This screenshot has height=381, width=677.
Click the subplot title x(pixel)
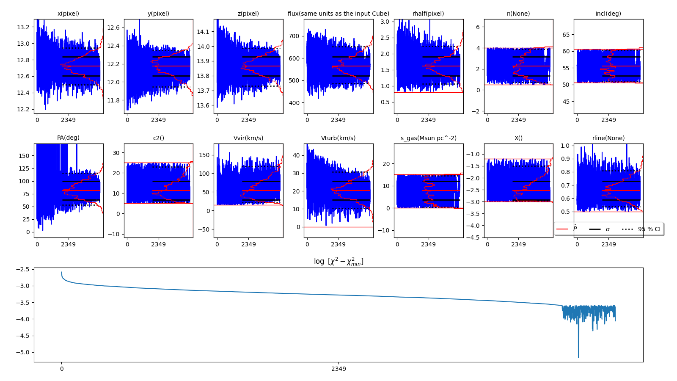pos(68,14)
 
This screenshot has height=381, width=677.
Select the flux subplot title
pos(338,14)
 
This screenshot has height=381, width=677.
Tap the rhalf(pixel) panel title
pos(428,14)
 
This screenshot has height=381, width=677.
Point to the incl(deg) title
pos(608,14)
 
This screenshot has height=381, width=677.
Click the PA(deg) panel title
pos(68,138)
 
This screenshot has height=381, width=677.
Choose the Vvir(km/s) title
pos(248,138)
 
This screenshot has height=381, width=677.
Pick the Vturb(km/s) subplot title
pos(338,138)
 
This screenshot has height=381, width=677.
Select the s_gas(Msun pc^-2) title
pos(428,138)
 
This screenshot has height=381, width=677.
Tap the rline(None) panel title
pos(608,138)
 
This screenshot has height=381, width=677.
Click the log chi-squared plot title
pos(338,261)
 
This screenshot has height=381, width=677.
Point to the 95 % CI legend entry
pos(649,229)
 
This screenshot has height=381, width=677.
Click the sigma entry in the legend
pos(608,229)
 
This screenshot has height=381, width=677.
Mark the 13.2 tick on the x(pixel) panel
pos(23,27)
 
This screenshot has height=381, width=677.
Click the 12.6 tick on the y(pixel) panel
pos(113,28)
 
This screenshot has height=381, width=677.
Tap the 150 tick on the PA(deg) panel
pos(24,156)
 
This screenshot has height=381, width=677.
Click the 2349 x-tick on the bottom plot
pos(338,369)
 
